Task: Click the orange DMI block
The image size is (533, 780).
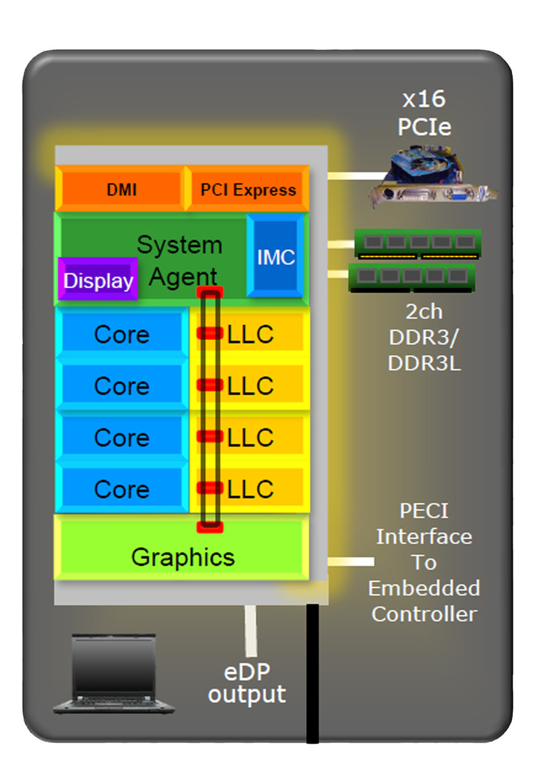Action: (121, 190)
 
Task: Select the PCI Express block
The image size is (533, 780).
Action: (247, 190)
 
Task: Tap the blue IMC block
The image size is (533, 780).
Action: (275, 257)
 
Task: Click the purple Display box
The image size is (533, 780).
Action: (98, 281)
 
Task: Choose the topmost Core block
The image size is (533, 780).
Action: (121, 334)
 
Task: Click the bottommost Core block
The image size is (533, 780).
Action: (121, 489)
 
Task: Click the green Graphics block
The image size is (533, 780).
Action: (182, 557)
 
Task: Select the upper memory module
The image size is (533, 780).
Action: (418, 243)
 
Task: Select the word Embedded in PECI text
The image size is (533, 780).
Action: (424, 588)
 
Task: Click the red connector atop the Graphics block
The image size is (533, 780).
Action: (210, 526)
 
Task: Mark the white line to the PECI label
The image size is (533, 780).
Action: (351, 560)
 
